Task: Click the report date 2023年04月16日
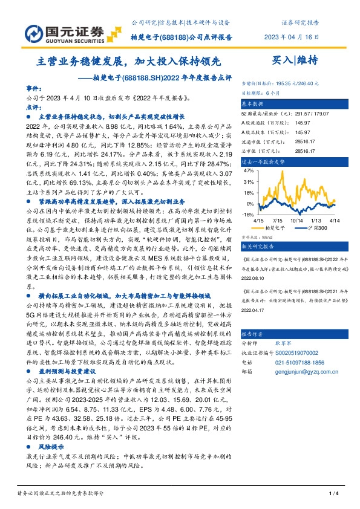tap(292, 36)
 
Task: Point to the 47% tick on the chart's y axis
tap(249, 171)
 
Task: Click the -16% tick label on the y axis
tap(248, 214)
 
